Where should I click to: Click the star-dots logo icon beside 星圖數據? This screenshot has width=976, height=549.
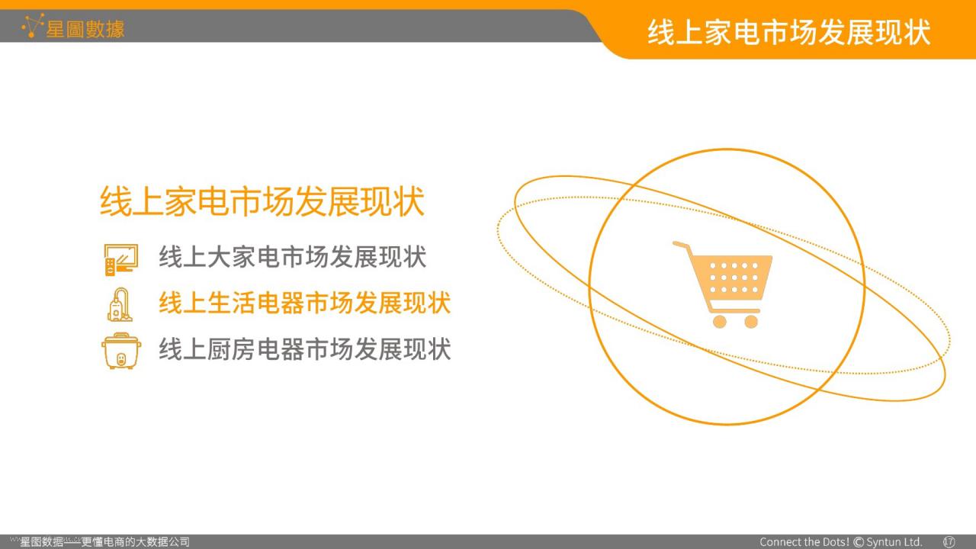coord(33,26)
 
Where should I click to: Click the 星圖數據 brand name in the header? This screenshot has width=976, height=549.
coord(85,29)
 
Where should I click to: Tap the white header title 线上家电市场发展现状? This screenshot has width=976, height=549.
coord(789,32)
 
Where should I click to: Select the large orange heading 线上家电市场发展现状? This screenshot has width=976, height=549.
coord(262,201)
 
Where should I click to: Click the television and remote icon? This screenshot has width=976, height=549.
coord(121,260)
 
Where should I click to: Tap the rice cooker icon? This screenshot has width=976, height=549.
coord(121,352)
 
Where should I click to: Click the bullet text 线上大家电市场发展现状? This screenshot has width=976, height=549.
coord(292,257)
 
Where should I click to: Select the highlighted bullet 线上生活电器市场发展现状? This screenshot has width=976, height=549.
coord(304,303)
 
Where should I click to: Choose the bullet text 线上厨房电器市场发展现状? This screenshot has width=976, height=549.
coord(304,349)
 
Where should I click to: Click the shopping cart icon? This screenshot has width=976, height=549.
coord(722,284)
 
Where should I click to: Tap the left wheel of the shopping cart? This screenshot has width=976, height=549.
coord(719,322)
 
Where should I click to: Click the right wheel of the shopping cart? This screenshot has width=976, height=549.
coord(751,322)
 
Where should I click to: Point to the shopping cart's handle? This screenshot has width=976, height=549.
coord(681,246)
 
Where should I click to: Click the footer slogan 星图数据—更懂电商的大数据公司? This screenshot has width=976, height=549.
coord(104,541)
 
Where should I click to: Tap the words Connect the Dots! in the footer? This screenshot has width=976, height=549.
coord(804,542)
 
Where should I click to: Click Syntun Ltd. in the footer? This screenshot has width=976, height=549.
coord(894,542)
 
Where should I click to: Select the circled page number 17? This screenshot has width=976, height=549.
coord(949,542)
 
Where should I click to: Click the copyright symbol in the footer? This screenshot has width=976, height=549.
coord(859,542)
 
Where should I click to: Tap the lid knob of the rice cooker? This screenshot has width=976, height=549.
coord(121,335)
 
